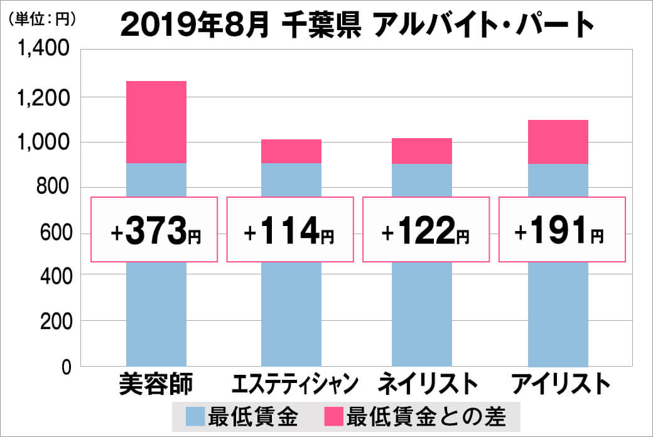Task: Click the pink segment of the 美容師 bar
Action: tap(156, 122)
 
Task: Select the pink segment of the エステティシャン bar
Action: tap(291, 151)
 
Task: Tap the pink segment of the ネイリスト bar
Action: tap(422, 151)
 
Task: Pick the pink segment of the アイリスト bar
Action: tap(558, 142)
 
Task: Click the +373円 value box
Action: tap(154, 230)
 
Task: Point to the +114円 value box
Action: tap(289, 230)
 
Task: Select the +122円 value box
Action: tap(425, 230)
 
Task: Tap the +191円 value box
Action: tap(561, 230)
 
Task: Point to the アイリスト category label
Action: tap(561, 384)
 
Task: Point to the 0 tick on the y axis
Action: tap(65, 367)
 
